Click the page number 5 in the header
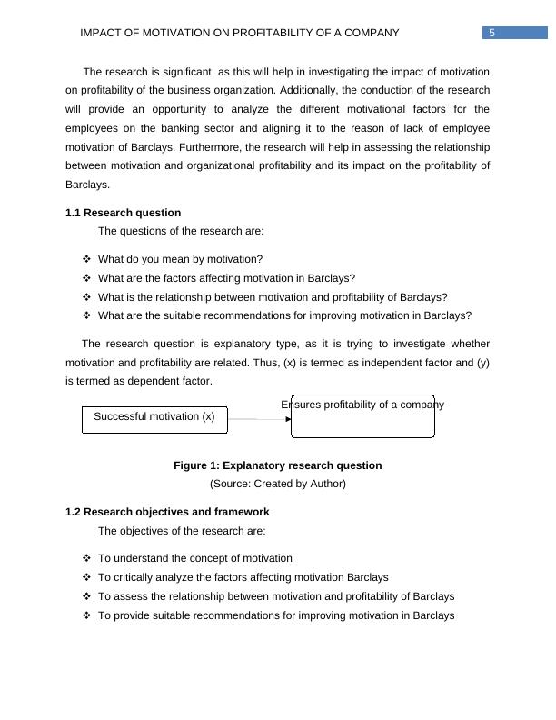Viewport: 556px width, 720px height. click(491, 34)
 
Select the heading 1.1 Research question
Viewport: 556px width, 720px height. click(123, 213)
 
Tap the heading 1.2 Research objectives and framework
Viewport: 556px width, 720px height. click(167, 512)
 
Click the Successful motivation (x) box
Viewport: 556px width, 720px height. click(154, 419)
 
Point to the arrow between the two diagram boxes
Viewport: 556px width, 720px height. click(258, 419)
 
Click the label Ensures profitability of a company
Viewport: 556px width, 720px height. click(362, 405)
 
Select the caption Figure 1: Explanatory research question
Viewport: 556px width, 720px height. click(277, 465)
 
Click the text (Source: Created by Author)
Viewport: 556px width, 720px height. click(277, 484)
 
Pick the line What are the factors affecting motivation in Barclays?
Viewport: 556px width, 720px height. click(226, 278)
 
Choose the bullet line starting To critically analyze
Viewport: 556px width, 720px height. click(243, 577)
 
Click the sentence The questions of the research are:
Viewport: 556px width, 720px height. click(181, 231)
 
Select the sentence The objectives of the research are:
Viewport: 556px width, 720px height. click(182, 531)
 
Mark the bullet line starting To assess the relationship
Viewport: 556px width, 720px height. click(276, 596)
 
